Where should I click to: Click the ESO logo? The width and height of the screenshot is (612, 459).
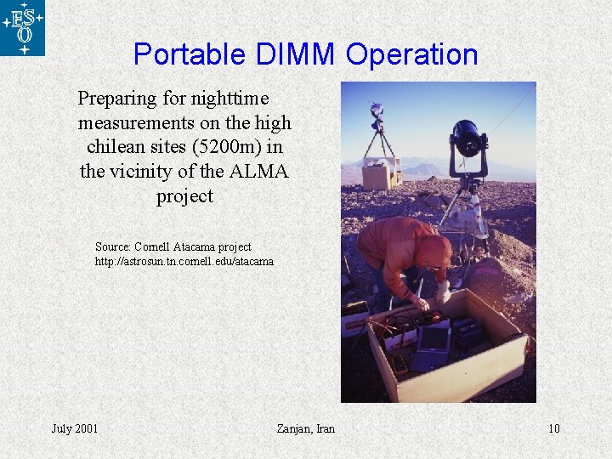(23, 28)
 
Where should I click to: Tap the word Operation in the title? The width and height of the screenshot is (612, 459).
(412, 54)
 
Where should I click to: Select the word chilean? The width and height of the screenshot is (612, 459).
(116, 147)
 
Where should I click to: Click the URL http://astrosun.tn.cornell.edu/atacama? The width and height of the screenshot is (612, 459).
(184, 262)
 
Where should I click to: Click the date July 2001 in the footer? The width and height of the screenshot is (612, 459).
(75, 428)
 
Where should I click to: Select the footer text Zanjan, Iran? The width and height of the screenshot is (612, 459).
(306, 428)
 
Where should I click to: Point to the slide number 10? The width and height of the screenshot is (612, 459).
(553, 428)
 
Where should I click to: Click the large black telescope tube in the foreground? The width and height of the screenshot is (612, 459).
(469, 137)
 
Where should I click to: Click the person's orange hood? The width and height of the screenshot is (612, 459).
(433, 252)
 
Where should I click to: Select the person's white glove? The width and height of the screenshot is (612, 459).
(442, 292)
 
